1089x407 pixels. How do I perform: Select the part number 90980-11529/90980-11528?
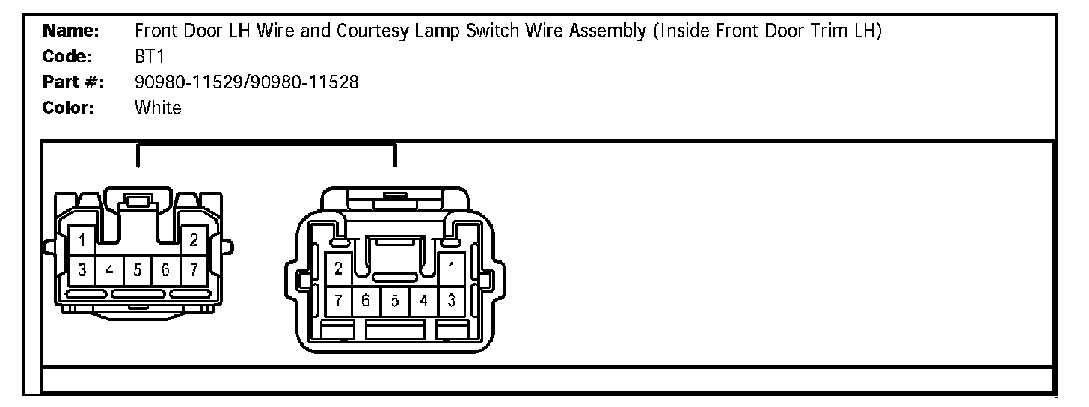point(246,82)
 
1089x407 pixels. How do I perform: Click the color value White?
point(158,108)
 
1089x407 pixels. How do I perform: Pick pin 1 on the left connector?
point(82,241)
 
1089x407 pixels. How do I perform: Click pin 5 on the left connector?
point(138,270)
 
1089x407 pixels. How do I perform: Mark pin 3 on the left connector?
point(82,270)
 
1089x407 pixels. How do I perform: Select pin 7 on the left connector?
point(194,270)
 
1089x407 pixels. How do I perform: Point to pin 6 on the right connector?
point(366,301)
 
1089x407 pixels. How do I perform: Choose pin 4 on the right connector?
point(423,301)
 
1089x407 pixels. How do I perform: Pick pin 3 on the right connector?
point(452,301)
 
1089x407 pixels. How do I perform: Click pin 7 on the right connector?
point(339,301)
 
